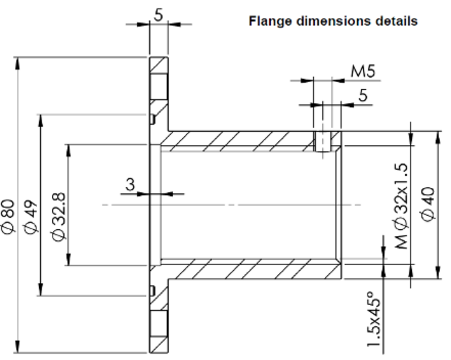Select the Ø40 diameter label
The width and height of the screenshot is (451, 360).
pyautogui.click(x=428, y=204)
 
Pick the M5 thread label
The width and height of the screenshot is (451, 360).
pyautogui.click(x=363, y=71)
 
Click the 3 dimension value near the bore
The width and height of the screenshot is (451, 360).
pyautogui.click(x=130, y=184)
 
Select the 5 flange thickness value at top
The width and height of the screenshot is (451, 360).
pyautogui.click(x=159, y=15)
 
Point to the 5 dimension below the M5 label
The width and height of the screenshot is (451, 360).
pyautogui.click(x=362, y=95)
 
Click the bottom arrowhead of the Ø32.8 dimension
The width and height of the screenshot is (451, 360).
pyautogui.click(x=68, y=260)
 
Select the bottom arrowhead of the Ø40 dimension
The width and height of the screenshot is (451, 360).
pyautogui.click(x=439, y=273)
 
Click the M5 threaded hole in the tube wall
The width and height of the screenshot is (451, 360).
pyautogui.click(x=323, y=141)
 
